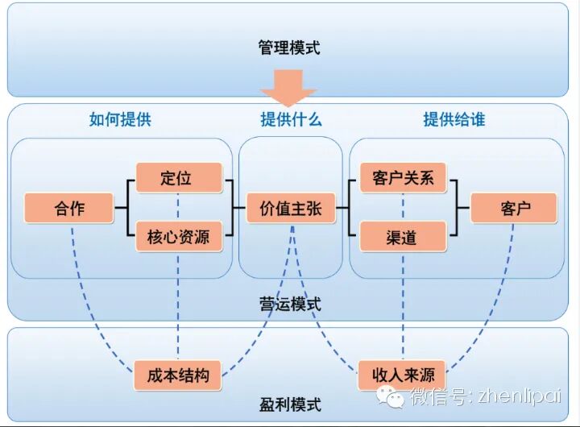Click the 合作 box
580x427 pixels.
70,209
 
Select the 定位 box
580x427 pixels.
178,178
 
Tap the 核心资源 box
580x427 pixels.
178,237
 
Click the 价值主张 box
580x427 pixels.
290,209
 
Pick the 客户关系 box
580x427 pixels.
403,178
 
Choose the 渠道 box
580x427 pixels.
403,237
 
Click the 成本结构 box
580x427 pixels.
178,375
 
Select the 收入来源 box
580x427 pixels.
403,375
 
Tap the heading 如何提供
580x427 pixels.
120,120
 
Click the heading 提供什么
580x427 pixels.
290,120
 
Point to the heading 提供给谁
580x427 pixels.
454,120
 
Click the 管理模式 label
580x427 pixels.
289,48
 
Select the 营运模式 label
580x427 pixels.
290,304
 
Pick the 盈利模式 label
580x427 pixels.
289,404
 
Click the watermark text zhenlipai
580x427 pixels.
516,396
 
